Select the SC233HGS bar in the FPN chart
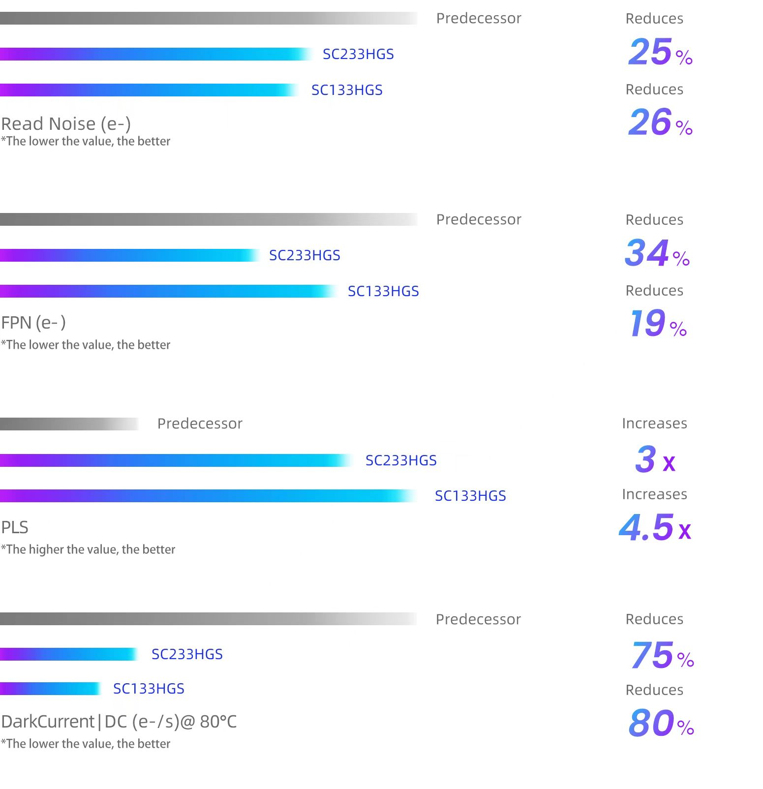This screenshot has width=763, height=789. (x=129, y=255)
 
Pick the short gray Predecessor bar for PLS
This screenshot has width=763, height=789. (x=69, y=424)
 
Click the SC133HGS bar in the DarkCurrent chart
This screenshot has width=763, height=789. (x=50, y=689)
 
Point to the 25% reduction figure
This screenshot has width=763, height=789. (x=660, y=52)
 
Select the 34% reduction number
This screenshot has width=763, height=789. (x=657, y=253)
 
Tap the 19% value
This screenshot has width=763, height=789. (x=658, y=324)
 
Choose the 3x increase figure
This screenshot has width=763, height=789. (x=655, y=460)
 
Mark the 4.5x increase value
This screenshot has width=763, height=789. (x=655, y=528)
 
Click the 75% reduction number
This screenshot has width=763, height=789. (x=662, y=655)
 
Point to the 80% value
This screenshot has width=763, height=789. (x=661, y=723)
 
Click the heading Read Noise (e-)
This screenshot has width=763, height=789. (x=66, y=124)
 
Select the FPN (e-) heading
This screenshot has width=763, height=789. (x=33, y=323)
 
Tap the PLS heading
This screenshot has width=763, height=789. (x=15, y=527)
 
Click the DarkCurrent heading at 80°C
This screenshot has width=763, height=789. (x=119, y=722)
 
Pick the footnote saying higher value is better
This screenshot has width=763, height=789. (x=88, y=549)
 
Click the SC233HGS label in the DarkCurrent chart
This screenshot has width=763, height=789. (x=187, y=654)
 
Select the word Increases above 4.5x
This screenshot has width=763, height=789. (x=654, y=494)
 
